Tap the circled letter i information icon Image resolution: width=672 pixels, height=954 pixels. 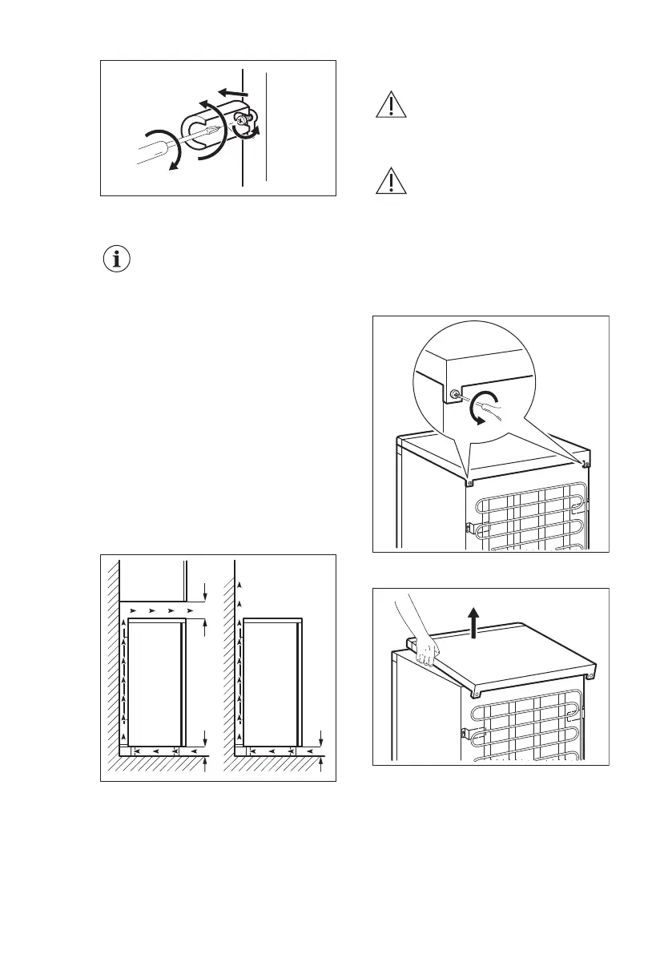click(x=117, y=260)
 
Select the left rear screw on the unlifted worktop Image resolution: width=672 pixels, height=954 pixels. click(x=469, y=482)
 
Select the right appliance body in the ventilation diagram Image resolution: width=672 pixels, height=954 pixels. click(x=270, y=681)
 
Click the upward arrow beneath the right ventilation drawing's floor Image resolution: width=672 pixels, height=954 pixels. click(x=320, y=767)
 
